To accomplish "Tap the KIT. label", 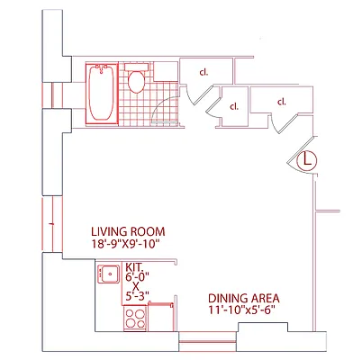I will click(135, 267).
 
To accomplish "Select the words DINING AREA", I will click(244, 299).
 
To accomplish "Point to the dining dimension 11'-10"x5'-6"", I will click(244, 311).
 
